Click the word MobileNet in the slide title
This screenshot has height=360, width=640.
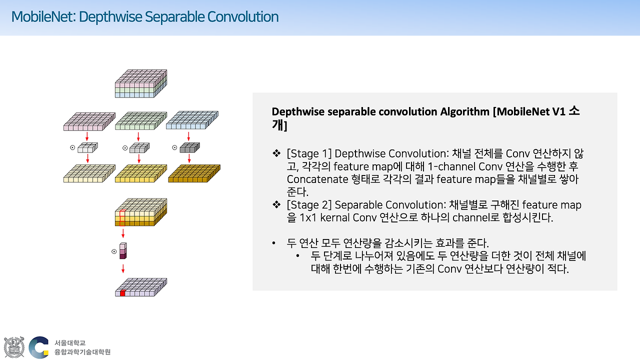coord(42,17)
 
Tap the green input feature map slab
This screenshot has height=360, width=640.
coord(138,121)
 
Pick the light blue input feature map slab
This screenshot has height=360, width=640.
coord(189,121)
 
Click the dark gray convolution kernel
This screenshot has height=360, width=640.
coord(189,147)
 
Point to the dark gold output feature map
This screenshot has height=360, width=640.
coord(194,173)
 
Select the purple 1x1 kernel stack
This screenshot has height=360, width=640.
coord(123,251)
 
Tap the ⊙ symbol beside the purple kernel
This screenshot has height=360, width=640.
coord(114,251)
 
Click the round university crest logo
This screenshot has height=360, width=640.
coord(14,347)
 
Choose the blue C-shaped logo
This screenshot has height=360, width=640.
coord(38,347)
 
